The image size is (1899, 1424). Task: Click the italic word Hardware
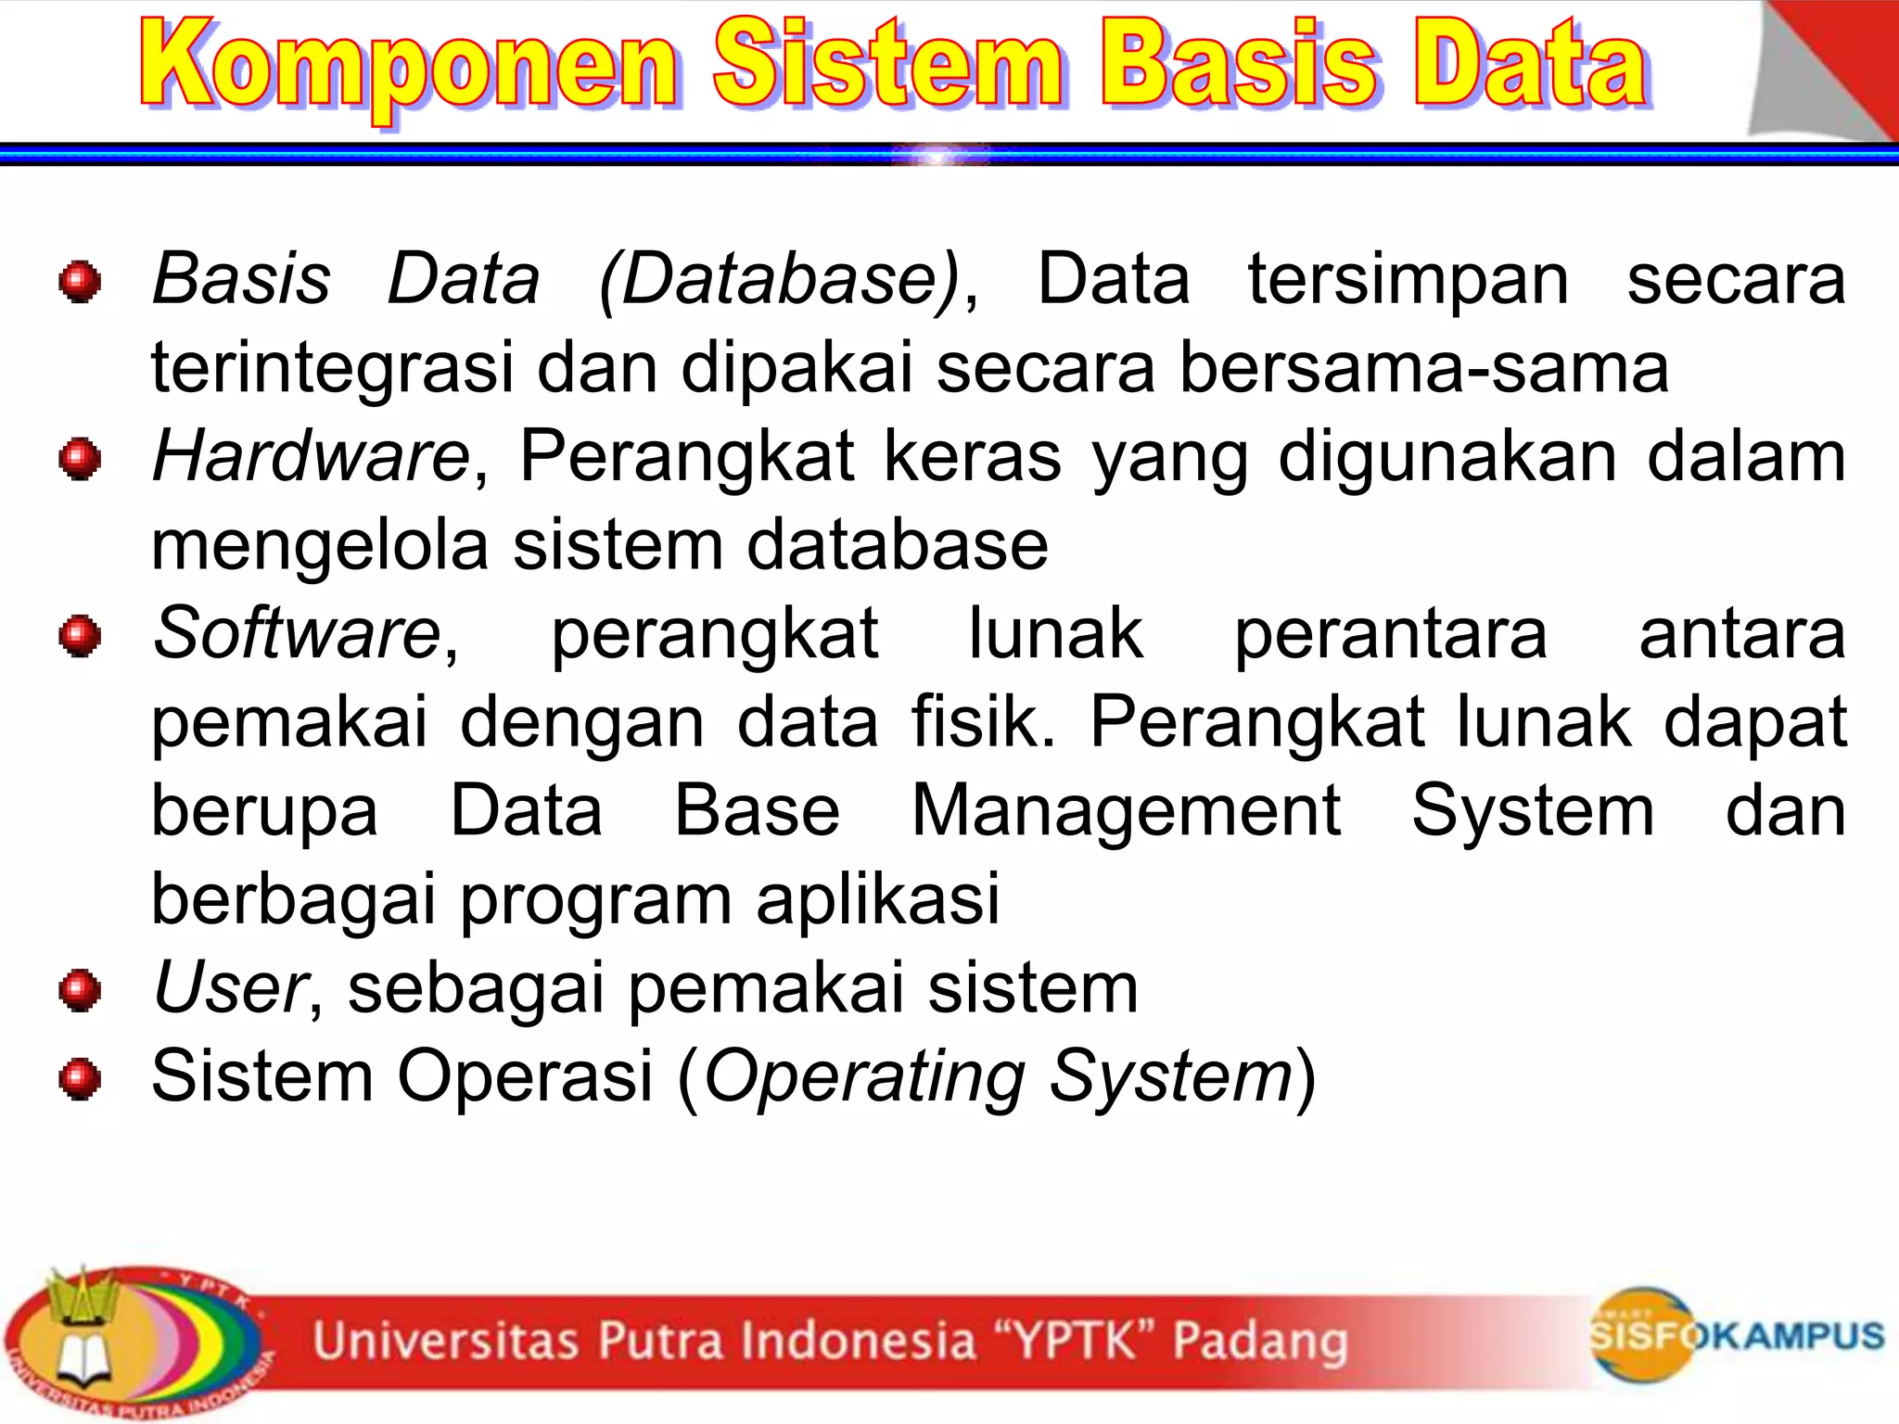(x=312, y=457)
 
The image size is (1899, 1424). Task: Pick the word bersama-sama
(x=1423, y=368)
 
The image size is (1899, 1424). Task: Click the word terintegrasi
(x=332, y=368)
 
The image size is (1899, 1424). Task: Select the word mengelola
(x=319, y=545)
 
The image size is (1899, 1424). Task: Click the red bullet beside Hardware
(x=80, y=459)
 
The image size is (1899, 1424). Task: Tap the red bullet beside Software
(x=80, y=636)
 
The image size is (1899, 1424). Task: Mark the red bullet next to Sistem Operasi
(x=80, y=1078)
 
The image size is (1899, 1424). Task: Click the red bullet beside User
(x=80, y=990)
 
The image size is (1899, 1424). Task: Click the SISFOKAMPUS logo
(x=1734, y=1335)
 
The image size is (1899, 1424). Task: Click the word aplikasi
(x=877, y=900)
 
